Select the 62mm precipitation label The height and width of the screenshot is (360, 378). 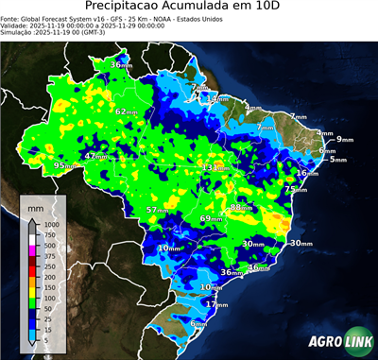127,111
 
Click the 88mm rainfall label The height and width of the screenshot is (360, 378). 242,207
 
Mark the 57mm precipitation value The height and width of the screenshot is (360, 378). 159,210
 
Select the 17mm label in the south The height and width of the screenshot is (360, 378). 217,305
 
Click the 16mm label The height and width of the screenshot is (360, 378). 306,173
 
